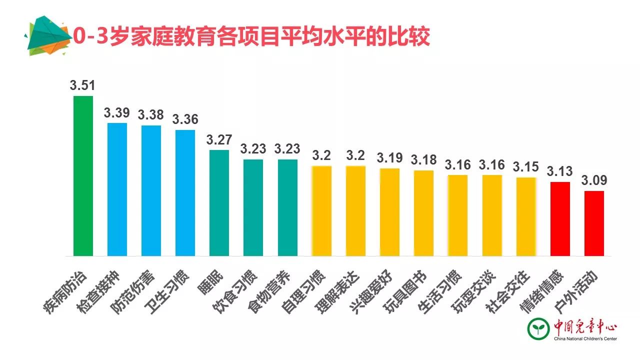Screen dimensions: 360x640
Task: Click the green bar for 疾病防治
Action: [83, 175]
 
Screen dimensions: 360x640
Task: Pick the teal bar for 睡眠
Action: [219, 202]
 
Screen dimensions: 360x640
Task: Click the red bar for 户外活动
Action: [594, 223]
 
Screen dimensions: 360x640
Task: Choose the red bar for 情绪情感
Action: [560, 218]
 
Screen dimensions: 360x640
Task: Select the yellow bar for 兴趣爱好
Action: [389, 212]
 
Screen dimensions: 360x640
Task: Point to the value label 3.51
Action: [83, 85]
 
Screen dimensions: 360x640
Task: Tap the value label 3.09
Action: [594, 180]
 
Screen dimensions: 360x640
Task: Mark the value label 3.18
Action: [423, 160]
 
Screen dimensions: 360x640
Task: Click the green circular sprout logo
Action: [538, 328]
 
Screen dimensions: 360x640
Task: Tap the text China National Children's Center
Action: [585, 339]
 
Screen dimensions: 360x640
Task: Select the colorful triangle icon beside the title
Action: [46, 36]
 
